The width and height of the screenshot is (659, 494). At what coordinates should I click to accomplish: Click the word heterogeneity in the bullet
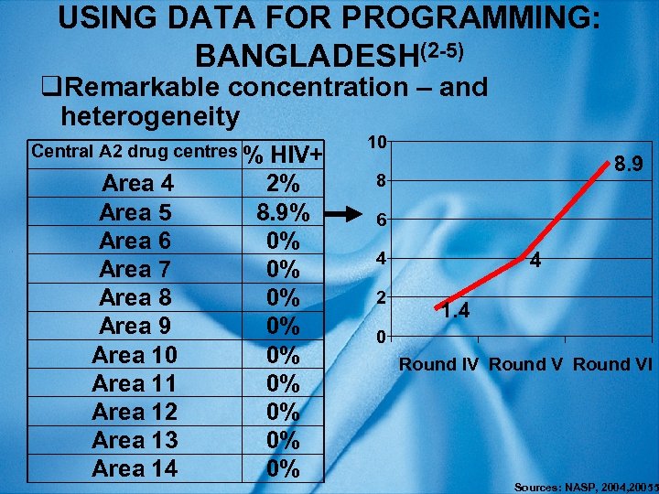click(x=148, y=116)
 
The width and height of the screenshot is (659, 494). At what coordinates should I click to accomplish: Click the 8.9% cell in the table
click(x=284, y=212)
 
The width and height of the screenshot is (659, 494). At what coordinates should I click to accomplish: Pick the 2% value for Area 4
click(x=284, y=184)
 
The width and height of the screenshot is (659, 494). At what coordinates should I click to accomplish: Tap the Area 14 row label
click(x=135, y=468)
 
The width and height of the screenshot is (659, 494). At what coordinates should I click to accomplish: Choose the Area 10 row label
click(x=135, y=355)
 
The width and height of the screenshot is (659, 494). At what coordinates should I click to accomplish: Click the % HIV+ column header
click(x=286, y=156)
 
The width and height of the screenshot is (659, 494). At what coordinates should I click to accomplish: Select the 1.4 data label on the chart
click(x=453, y=312)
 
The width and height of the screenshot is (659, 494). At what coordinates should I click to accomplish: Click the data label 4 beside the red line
click(x=537, y=262)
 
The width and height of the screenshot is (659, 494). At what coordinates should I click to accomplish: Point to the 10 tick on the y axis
click(x=376, y=141)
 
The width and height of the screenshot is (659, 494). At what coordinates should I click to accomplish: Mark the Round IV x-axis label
click(x=438, y=364)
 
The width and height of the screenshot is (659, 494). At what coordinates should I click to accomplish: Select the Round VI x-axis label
click(x=612, y=364)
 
